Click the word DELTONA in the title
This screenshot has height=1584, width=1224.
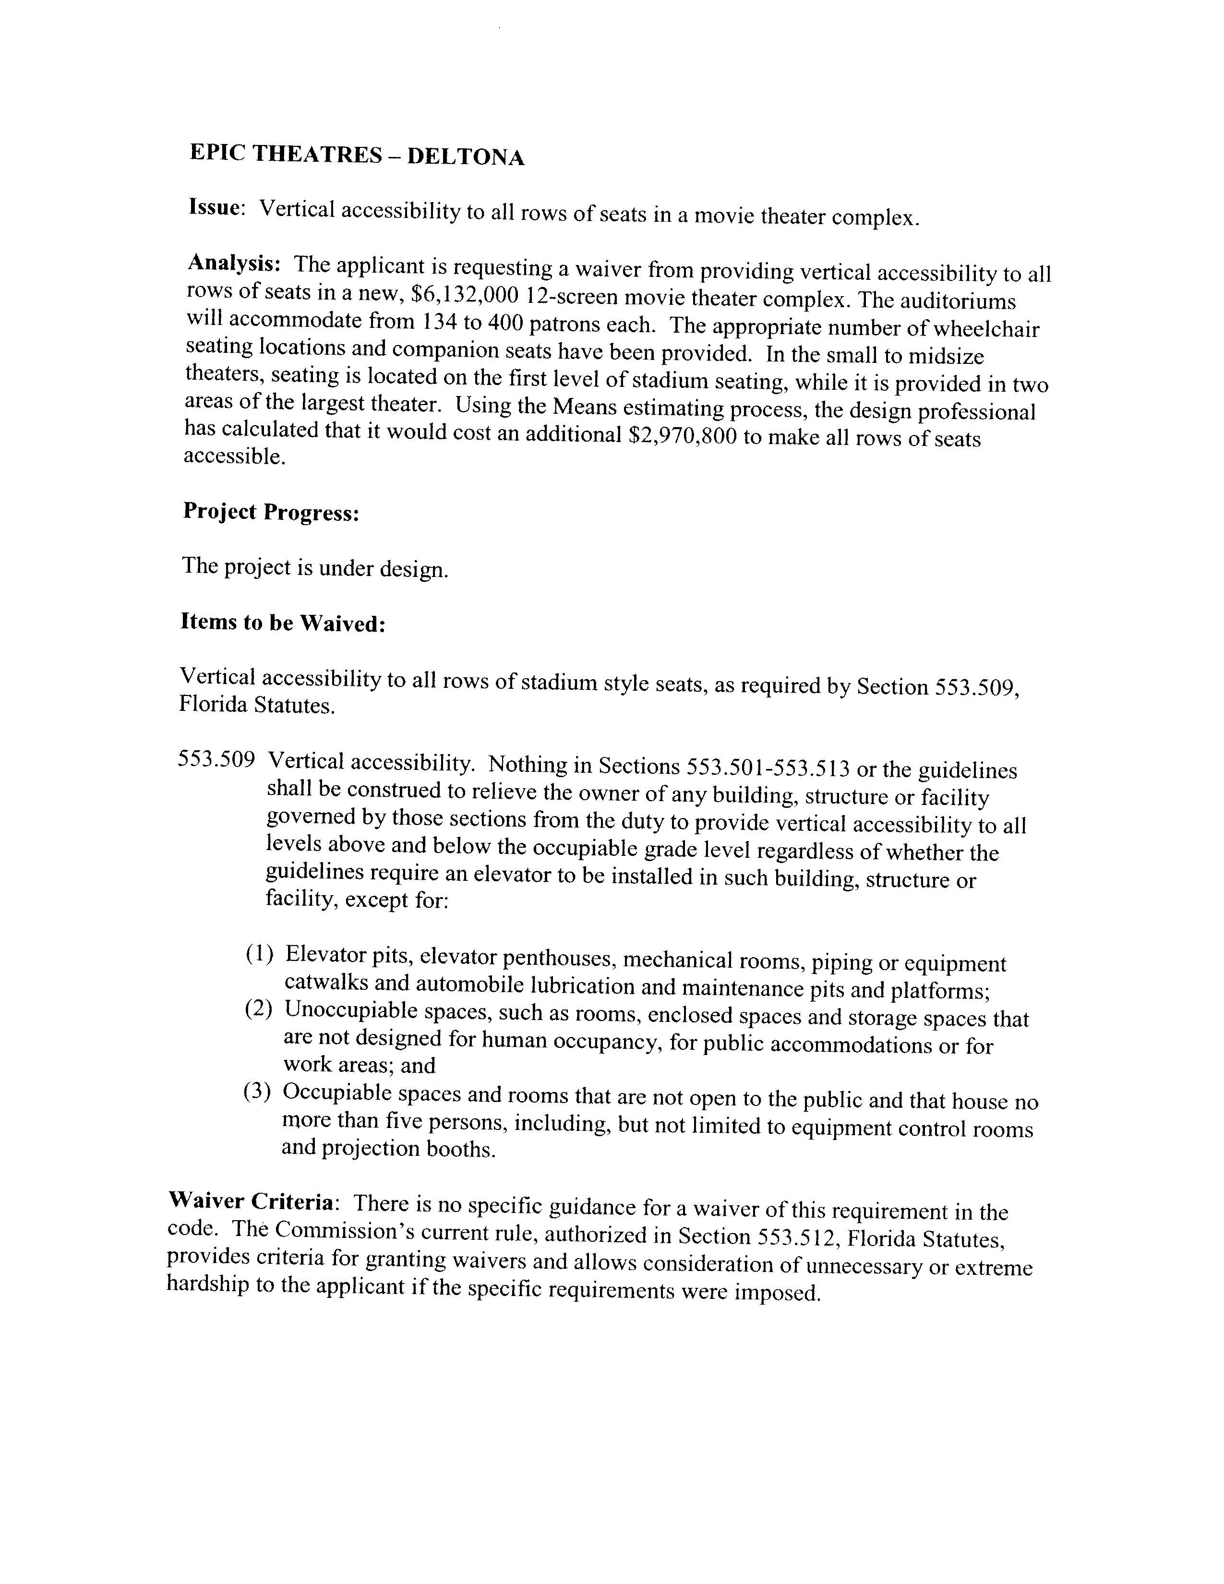click(x=466, y=156)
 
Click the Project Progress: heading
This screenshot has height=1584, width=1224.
click(x=271, y=512)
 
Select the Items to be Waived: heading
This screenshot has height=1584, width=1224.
click(x=282, y=622)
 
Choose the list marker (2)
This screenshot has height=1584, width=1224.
click(x=258, y=1009)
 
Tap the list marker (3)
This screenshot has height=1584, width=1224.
click(x=257, y=1092)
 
